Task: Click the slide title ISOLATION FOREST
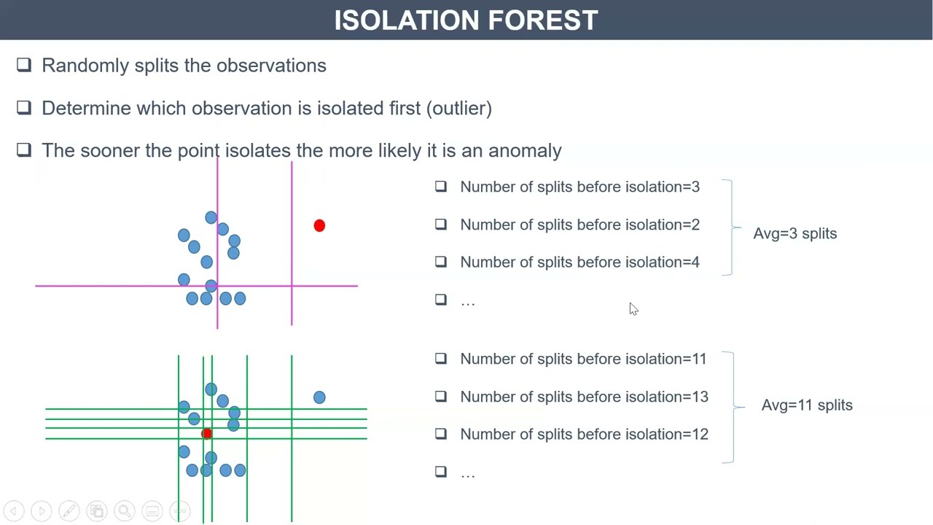coord(466,20)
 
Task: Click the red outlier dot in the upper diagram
coord(319,226)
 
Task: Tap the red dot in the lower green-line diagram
coord(207,435)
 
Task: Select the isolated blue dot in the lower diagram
coord(319,397)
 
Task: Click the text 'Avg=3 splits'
coord(795,234)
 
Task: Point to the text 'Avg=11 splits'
coord(806,405)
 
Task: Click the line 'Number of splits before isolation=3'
coord(579,187)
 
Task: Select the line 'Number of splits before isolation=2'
coord(579,225)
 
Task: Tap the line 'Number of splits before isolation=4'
coord(579,262)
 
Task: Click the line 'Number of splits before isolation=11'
coord(583,359)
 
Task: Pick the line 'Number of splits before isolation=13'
coord(583,397)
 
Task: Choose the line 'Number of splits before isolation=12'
coord(583,435)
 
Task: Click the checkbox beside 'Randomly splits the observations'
coord(24,66)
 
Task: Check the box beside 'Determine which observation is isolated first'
coord(24,108)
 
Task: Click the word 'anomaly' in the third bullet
coord(525,151)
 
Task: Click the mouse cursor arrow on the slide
coord(633,309)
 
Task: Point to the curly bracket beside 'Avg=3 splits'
coord(730,227)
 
